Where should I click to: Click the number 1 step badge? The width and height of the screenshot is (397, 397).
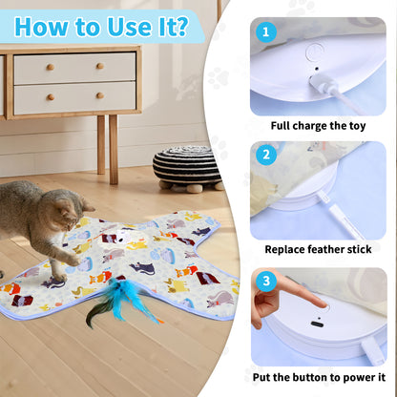[x=267, y=31]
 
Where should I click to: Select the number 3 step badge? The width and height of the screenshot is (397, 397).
[x=267, y=282]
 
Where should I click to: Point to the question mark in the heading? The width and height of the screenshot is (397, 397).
[x=179, y=26]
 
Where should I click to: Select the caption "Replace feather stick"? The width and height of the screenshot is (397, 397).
[x=318, y=249]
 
